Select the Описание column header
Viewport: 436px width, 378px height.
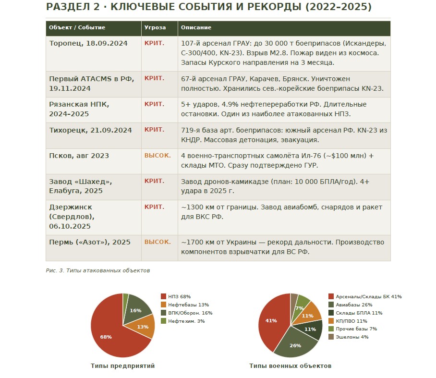pyautogui.click(x=196, y=28)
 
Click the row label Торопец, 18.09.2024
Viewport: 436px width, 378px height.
pyautogui.click(x=88, y=43)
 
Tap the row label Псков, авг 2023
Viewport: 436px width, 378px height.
pyautogui.click(x=79, y=156)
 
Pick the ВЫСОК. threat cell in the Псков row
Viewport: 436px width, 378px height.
pyautogui.click(x=157, y=156)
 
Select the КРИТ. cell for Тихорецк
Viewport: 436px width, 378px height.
pyautogui.click(x=154, y=130)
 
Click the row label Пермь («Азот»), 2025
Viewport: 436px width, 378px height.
pyautogui.click(x=90, y=242)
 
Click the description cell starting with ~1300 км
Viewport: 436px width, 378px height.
pyautogui.click(x=281, y=212)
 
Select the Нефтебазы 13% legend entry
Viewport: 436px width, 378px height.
pyautogui.click(x=184, y=305)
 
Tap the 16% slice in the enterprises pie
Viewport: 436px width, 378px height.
pyautogui.click(x=135, y=310)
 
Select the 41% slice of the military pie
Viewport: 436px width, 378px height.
pyautogui.click(x=271, y=320)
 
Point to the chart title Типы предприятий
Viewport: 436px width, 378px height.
pyautogui.click(x=123, y=366)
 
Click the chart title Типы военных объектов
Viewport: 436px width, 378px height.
pyautogui.click(x=290, y=366)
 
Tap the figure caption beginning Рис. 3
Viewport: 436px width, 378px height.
pyautogui.click(x=98, y=271)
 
